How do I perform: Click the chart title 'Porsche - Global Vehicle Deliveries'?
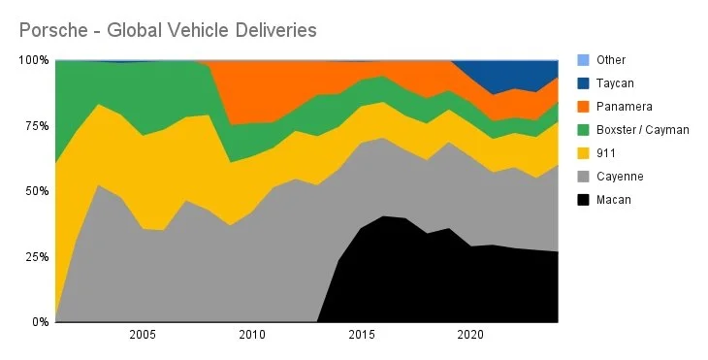167,31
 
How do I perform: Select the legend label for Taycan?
615,83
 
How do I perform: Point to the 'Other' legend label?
611,59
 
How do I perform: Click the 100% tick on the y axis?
33,60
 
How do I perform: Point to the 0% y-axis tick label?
39,322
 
